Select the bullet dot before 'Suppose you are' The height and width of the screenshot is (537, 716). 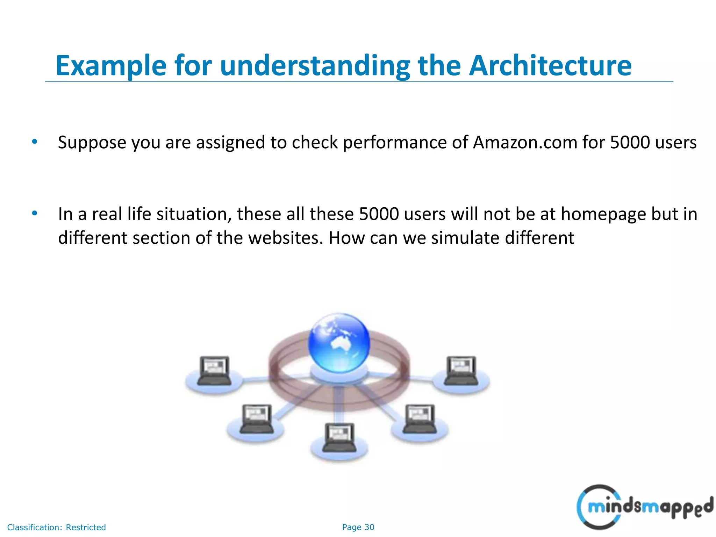(34, 142)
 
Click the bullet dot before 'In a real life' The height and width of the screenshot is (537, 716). (34, 213)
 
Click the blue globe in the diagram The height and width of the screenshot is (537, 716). (338, 343)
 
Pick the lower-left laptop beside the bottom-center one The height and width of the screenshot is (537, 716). (257, 419)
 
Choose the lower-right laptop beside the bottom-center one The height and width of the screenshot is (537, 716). (420, 419)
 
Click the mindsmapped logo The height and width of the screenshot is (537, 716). (644, 507)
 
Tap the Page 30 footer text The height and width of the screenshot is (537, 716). (358, 527)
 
